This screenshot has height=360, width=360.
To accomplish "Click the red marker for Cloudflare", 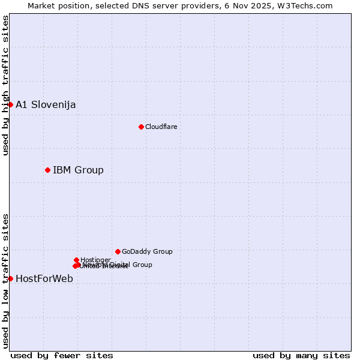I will [x=141, y=127].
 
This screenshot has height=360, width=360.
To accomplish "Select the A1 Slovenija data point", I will [x=10, y=104].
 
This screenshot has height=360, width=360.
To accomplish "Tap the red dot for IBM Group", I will [x=47, y=170].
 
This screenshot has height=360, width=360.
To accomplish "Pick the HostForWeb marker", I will [x=10, y=278].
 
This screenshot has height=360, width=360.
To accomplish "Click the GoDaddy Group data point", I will [x=118, y=251].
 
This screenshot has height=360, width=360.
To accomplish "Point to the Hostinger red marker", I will [x=76, y=260].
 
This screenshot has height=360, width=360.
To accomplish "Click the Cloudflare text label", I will [x=161, y=127].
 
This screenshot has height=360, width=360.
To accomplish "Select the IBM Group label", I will [x=78, y=170].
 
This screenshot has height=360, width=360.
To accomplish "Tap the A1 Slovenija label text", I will [x=46, y=104].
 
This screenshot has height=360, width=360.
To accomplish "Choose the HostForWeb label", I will [x=44, y=278].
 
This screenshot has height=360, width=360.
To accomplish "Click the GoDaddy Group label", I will [x=147, y=251].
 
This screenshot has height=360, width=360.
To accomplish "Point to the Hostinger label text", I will [x=95, y=260].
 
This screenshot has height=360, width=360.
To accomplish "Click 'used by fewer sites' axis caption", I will [x=62, y=355].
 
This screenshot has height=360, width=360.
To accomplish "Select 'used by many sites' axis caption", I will [x=301, y=355].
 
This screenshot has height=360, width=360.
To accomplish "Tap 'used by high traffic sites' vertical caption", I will [x=5, y=86].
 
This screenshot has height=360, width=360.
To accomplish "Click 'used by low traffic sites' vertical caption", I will [x=5, y=280].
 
